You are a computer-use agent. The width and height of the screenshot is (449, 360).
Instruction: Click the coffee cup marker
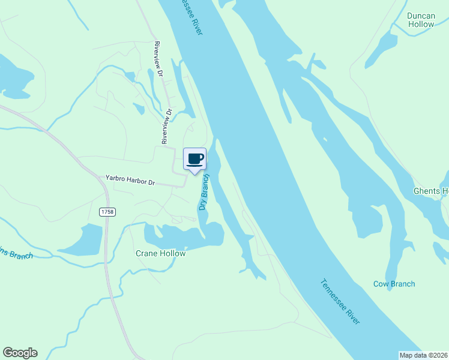194,160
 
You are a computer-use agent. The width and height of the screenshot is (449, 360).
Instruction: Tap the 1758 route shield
107,212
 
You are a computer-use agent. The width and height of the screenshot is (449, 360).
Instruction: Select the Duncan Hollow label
420,20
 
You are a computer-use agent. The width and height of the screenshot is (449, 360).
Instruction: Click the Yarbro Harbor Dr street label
130,179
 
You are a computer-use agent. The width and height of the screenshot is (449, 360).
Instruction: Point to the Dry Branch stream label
204,193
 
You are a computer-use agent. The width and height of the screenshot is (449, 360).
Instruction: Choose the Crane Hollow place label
160,253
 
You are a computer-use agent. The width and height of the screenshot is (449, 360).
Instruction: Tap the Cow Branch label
394,284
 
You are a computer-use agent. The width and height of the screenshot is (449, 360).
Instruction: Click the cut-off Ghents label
430,191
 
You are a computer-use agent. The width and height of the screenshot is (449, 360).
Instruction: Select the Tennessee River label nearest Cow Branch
340,302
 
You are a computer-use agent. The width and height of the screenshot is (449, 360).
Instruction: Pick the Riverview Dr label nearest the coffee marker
166,126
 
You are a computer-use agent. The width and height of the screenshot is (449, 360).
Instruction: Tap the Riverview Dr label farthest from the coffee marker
159,59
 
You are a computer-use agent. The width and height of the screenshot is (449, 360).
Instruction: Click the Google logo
20,353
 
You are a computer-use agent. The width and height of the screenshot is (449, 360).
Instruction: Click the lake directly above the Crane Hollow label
180,237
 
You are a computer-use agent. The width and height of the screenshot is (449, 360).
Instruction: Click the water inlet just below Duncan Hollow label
384,45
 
